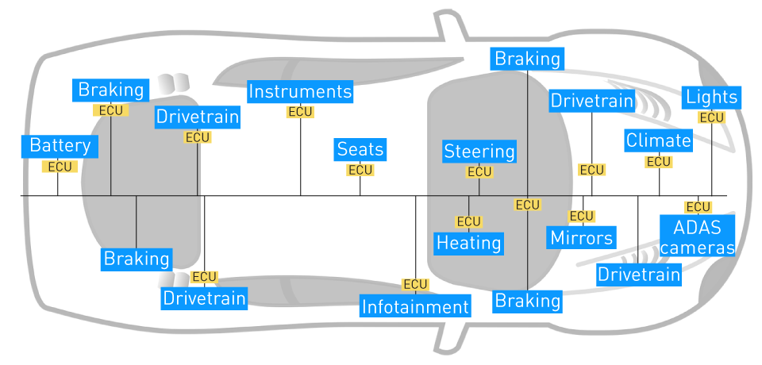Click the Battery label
[60, 146]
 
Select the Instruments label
[300, 91]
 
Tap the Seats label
[360, 149]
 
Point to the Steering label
[479, 152]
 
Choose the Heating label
[469, 242]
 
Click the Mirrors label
[582, 237]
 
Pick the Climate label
[659, 141]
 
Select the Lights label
[712, 98]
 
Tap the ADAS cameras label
[698, 237]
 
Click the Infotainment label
[416, 306]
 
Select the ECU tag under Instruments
[300, 112]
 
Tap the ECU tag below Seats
[360, 170]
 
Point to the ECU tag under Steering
[479, 171]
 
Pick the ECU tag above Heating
[469, 221]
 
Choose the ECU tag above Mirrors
[582, 216]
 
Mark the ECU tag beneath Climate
[659, 162]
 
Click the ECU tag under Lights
[712, 117]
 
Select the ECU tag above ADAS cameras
[698, 207]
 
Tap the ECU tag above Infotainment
[416, 284]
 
